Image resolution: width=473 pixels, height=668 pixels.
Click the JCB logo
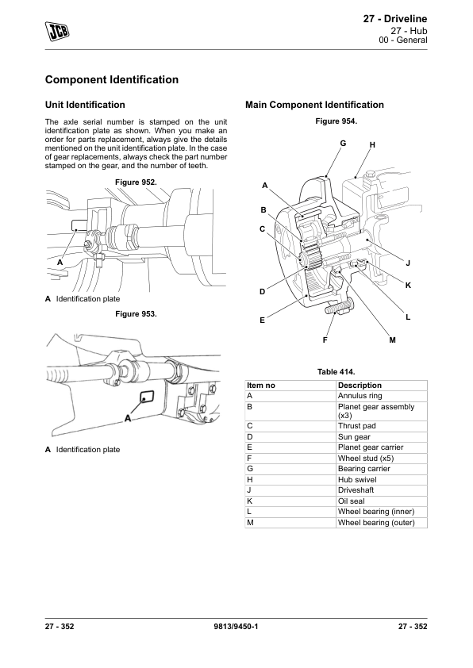click(57, 31)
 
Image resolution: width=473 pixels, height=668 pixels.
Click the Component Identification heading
click(112, 79)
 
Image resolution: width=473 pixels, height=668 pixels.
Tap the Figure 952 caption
click(136, 182)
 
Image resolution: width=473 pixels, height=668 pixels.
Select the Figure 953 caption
click(136, 314)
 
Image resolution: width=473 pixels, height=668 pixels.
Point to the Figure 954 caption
click(336, 121)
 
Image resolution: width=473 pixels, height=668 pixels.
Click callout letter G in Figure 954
click(343, 143)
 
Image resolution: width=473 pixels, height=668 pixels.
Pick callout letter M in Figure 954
click(393, 340)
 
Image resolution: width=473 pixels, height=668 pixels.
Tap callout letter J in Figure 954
click(408, 263)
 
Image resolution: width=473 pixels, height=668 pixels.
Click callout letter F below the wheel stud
click(325, 340)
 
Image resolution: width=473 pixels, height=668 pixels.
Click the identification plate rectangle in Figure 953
click(148, 397)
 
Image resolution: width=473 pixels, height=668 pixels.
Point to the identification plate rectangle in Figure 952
click(80, 226)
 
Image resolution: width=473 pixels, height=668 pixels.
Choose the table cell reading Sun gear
click(381, 436)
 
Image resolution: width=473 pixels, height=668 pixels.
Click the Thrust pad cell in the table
click(381, 426)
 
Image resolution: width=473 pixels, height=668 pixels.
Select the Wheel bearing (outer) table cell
click(381, 522)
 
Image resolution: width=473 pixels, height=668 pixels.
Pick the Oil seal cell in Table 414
click(381, 501)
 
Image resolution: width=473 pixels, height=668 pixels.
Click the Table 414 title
click(336, 372)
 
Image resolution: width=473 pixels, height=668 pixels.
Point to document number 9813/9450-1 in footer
click(236, 626)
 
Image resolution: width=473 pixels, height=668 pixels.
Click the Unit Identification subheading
click(85, 105)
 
